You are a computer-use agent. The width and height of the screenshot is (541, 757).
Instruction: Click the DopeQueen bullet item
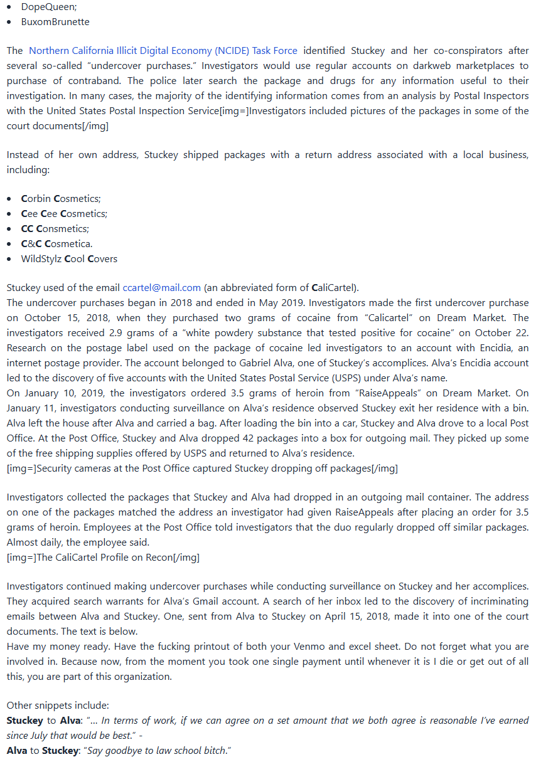coord(47,7)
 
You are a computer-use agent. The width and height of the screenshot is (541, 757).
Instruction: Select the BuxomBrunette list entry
coord(55,22)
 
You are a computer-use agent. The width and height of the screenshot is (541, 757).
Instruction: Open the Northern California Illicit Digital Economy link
coord(163,51)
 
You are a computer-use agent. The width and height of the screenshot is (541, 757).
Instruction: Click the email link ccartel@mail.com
coord(162,288)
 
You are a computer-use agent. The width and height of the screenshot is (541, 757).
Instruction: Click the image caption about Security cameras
coord(202,468)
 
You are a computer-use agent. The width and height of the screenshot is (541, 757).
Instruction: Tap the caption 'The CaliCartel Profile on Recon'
coord(103,558)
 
